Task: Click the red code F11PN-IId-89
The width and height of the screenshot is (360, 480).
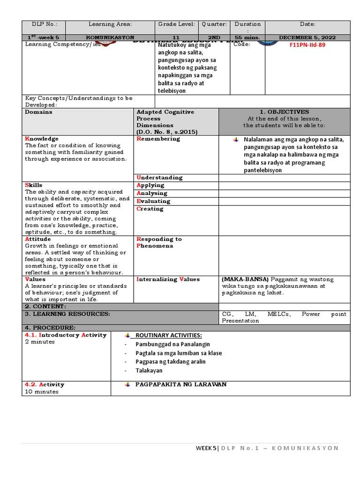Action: pos(308,45)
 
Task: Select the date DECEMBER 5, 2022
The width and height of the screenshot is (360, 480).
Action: pos(307,37)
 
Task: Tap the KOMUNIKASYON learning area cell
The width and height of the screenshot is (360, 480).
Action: pos(110,37)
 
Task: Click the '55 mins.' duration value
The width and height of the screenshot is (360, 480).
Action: pos(247,37)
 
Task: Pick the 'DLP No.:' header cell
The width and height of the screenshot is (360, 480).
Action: pos(44,24)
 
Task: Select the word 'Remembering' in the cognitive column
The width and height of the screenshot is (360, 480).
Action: pos(158,139)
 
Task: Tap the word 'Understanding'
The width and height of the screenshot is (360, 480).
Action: pos(159,178)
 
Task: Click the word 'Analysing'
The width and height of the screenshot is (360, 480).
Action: pos(152,193)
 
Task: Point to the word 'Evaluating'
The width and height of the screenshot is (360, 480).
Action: pos(153,201)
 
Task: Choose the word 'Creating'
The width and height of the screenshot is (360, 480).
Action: pos(150,209)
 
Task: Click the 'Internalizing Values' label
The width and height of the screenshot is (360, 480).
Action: pos(168,279)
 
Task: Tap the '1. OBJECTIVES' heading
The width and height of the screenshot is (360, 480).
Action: pos(284,112)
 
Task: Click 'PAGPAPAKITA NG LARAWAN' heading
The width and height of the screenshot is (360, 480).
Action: pos(180,384)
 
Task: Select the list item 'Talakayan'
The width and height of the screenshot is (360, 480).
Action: pos(150,370)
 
